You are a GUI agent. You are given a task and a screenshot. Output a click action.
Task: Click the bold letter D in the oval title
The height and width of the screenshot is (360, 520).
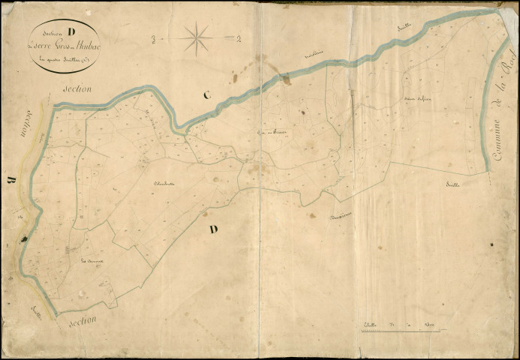[x=71, y=32]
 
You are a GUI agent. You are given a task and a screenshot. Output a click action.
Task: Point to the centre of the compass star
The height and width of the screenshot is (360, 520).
[x=196, y=37]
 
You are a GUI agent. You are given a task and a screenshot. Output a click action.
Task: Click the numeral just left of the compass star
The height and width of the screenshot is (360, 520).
[x=152, y=37]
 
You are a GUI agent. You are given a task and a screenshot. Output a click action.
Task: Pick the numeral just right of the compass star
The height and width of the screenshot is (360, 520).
[x=237, y=39]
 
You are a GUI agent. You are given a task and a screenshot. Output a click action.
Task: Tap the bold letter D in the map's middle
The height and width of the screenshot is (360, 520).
[x=213, y=229]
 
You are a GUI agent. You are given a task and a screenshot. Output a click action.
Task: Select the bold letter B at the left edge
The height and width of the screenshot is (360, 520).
[x=11, y=180]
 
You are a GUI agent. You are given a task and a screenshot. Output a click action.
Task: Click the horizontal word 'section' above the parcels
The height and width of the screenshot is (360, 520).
[x=77, y=88]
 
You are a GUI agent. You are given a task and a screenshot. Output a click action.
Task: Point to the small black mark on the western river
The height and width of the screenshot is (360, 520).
[x=24, y=238]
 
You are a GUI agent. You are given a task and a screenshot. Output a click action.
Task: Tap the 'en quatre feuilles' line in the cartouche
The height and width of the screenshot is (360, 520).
[x=65, y=59]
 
